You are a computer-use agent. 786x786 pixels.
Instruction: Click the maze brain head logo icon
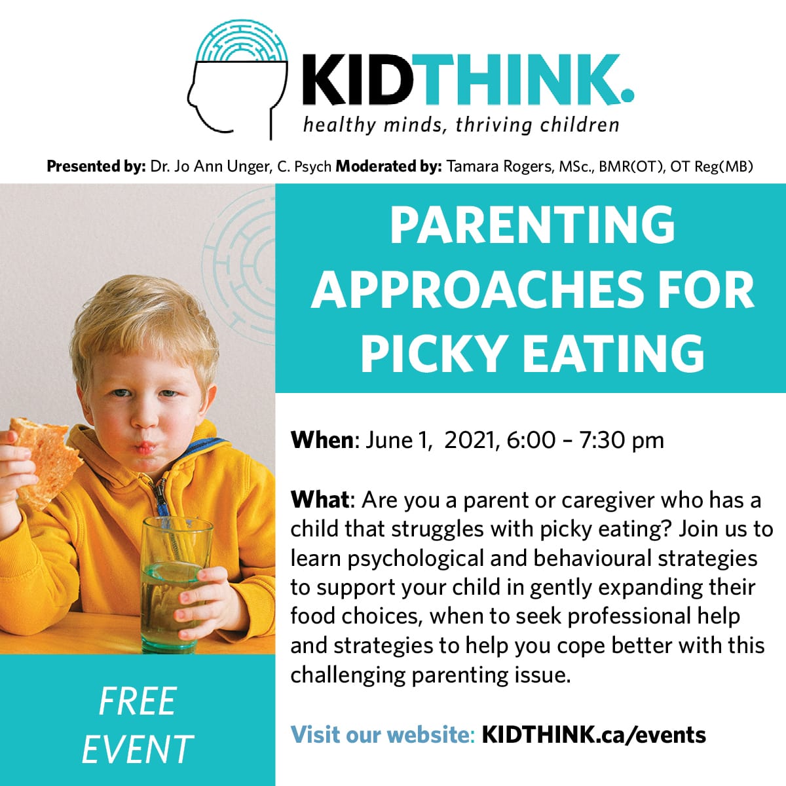click(x=238, y=79)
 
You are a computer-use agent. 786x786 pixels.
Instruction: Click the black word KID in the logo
click(x=358, y=80)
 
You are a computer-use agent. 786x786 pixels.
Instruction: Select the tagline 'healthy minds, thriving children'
click(x=461, y=125)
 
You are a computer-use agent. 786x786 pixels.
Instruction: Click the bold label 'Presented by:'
click(x=96, y=166)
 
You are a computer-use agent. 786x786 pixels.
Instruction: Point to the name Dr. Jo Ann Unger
click(x=210, y=166)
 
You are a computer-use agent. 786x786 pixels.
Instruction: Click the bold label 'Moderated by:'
click(x=388, y=166)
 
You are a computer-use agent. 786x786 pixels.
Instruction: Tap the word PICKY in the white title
click(x=431, y=353)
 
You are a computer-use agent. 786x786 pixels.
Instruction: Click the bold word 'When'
click(x=322, y=440)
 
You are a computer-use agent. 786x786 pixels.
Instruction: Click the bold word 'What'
click(x=320, y=500)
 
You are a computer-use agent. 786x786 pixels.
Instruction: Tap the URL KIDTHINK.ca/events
click(x=594, y=735)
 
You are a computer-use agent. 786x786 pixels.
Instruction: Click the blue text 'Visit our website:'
click(x=383, y=735)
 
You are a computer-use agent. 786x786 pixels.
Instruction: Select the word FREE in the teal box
click(x=138, y=701)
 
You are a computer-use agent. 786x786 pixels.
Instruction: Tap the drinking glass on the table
click(x=176, y=584)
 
